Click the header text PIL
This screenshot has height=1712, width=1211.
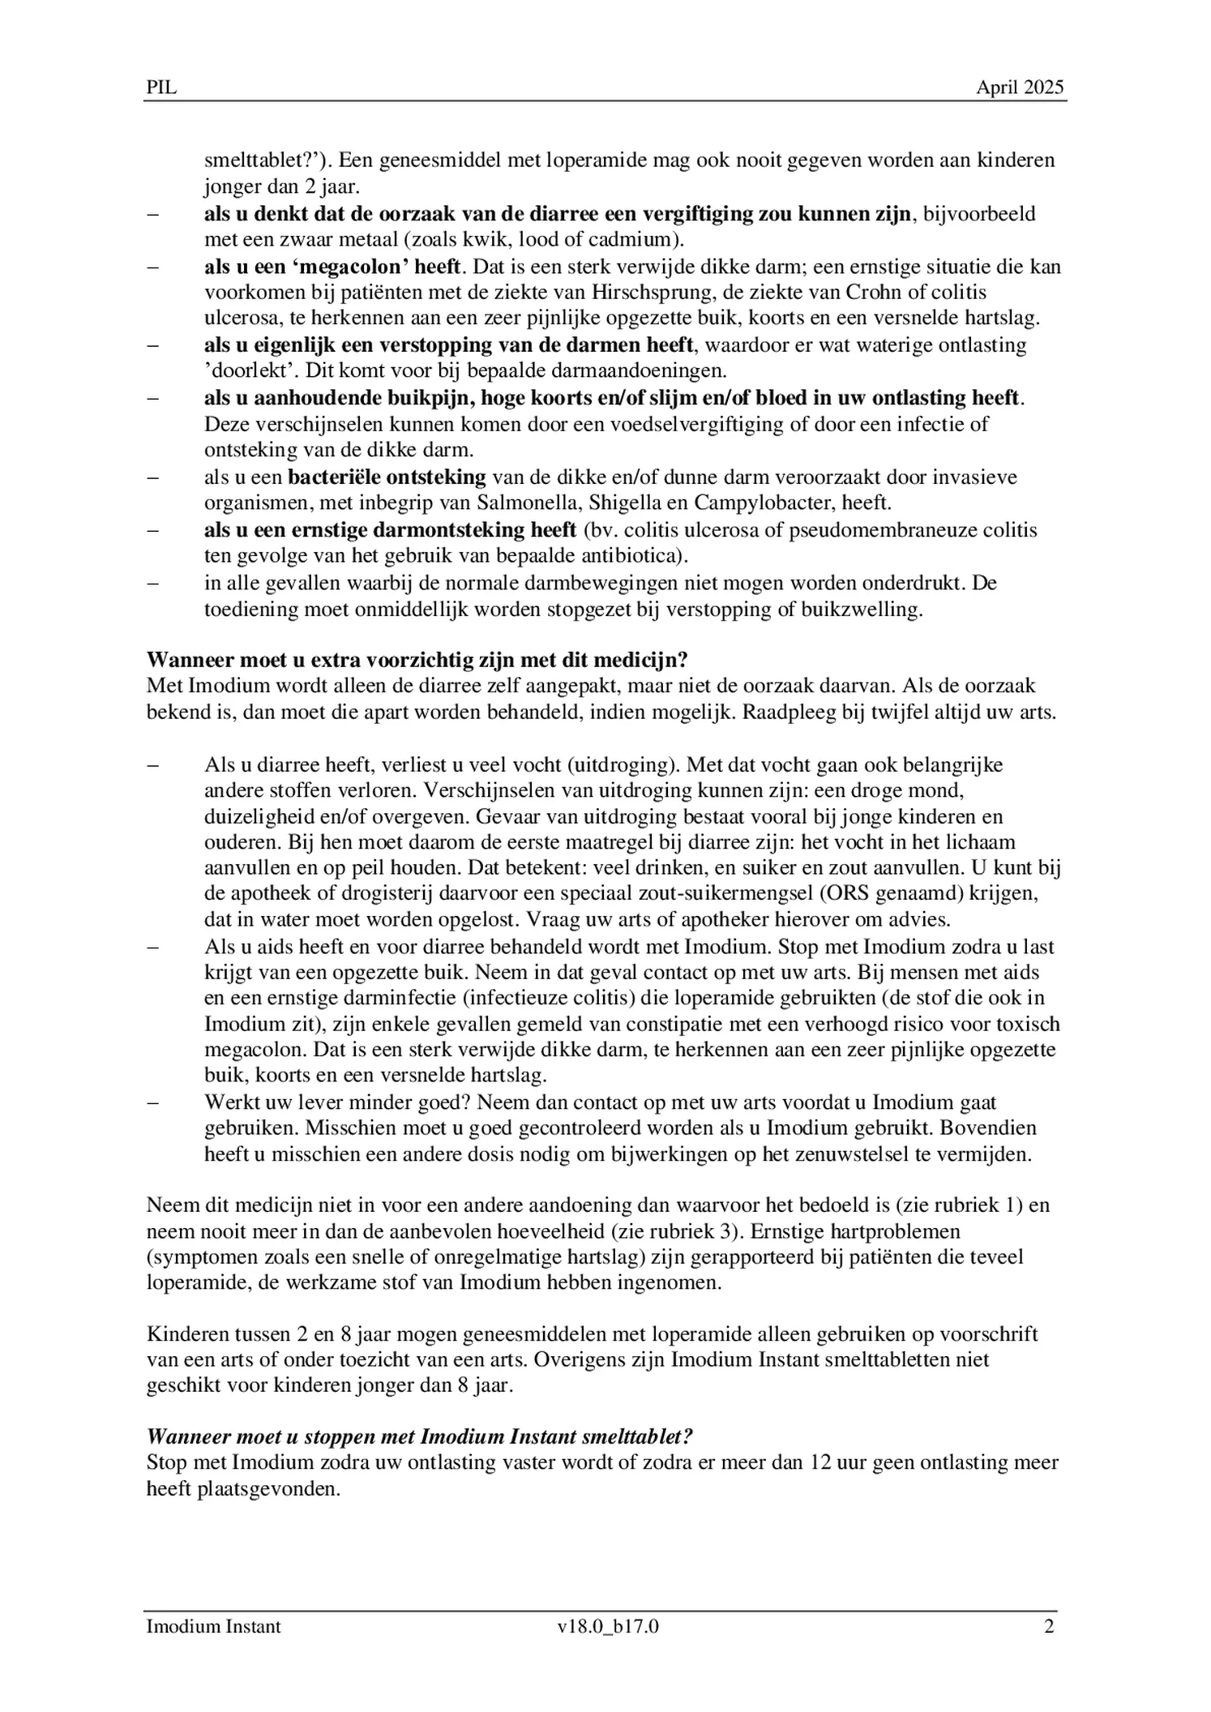click(160, 88)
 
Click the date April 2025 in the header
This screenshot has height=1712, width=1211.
click(1019, 88)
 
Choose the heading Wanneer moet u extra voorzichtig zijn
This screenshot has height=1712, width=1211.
click(417, 659)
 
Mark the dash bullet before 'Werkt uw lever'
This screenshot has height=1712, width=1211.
click(153, 1102)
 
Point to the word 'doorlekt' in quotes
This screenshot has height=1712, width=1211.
click(242, 371)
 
